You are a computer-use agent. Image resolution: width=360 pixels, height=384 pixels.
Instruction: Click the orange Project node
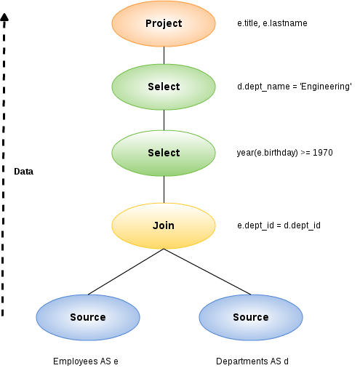click(x=164, y=23)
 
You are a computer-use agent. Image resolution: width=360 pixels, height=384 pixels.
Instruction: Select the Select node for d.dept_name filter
click(x=164, y=87)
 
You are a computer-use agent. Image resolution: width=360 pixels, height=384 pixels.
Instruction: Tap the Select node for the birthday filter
click(x=164, y=153)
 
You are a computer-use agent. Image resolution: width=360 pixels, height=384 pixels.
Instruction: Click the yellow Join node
click(x=164, y=225)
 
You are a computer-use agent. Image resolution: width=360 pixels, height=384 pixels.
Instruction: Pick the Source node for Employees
click(x=88, y=317)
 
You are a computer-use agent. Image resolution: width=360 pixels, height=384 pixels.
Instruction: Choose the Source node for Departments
click(x=251, y=317)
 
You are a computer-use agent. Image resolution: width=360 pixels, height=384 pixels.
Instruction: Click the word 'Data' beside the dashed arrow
click(x=23, y=172)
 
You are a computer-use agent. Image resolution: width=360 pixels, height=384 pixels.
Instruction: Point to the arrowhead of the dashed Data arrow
click(x=4, y=17)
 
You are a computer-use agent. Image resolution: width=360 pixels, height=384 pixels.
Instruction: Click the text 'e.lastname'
click(x=285, y=23)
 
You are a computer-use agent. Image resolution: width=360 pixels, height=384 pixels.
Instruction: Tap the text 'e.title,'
click(x=249, y=23)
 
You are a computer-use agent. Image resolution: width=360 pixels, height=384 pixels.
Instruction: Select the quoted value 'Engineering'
click(x=326, y=87)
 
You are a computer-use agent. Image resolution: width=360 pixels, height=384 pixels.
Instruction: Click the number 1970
click(x=323, y=153)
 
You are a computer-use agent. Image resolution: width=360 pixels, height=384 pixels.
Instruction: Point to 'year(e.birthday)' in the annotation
click(x=268, y=153)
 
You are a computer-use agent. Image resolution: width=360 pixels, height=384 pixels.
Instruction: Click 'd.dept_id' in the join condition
click(x=302, y=225)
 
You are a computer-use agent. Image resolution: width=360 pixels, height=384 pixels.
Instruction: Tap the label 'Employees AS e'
click(x=86, y=361)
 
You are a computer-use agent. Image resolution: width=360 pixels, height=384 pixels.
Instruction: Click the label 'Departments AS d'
click(x=252, y=361)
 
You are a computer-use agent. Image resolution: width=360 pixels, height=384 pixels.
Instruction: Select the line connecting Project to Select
click(x=164, y=55)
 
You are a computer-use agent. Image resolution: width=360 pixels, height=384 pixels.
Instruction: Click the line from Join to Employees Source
click(x=126, y=271)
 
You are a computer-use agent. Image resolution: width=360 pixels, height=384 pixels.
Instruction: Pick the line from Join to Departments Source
click(x=207, y=271)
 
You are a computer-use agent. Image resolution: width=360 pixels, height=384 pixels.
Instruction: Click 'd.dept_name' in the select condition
click(x=263, y=87)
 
